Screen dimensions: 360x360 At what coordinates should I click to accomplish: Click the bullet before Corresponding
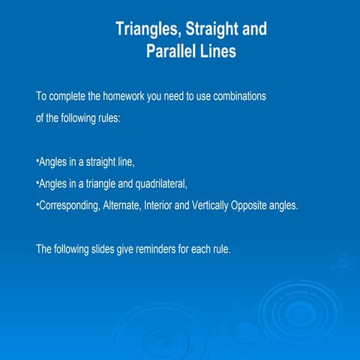coord(37,203)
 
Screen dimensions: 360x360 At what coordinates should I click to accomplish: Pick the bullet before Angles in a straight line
coord(37,161)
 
